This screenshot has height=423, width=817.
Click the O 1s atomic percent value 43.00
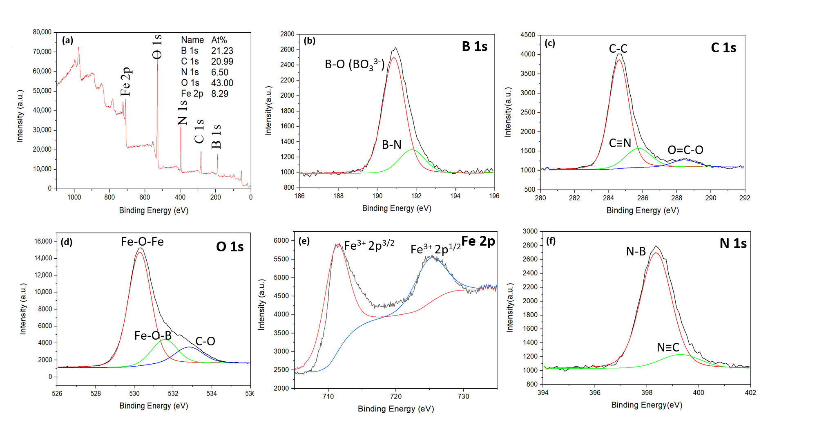(x=222, y=83)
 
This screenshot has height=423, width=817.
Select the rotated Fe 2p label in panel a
(x=125, y=82)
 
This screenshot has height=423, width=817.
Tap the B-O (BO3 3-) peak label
(x=354, y=65)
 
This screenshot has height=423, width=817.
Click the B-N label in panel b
(x=391, y=145)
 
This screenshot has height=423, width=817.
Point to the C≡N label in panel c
(x=620, y=143)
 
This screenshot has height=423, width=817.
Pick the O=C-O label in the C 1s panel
(x=685, y=150)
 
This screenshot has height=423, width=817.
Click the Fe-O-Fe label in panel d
(x=142, y=242)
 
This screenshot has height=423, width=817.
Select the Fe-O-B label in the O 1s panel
(x=153, y=336)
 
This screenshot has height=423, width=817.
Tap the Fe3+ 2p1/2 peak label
(x=435, y=248)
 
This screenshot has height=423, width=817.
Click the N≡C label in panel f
(x=668, y=347)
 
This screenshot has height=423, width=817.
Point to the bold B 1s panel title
(x=474, y=47)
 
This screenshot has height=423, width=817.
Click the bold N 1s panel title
(x=733, y=244)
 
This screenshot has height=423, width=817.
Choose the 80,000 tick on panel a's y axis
(x=42, y=32)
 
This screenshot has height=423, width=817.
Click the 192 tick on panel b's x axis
(x=416, y=196)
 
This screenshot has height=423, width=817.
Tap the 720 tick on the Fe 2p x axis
(x=395, y=396)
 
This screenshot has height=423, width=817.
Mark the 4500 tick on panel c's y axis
(x=527, y=35)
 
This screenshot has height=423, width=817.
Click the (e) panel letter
(x=304, y=241)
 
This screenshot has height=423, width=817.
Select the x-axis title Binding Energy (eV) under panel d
(x=154, y=405)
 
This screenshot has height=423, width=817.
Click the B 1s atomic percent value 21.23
(x=222, y=51)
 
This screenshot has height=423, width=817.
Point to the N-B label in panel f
(x=636, y=251)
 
